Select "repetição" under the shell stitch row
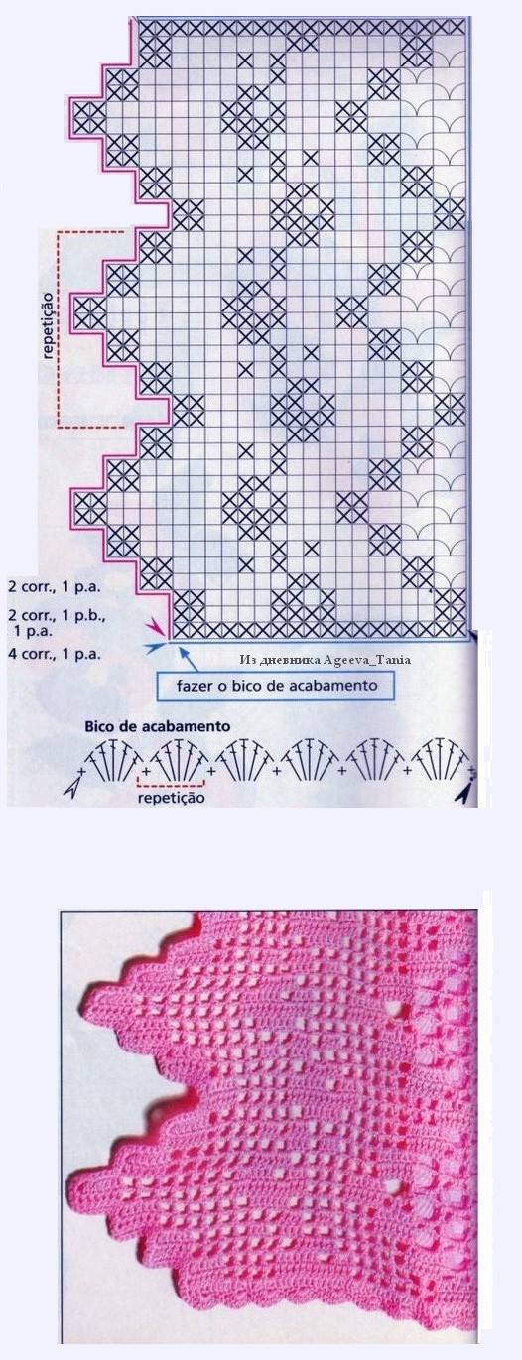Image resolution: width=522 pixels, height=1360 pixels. point(171,797)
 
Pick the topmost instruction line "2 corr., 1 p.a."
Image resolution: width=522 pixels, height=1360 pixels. point(55,586)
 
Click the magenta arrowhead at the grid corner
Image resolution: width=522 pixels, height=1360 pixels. point(155,627)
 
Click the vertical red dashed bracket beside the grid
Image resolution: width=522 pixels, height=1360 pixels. point(60,327)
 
